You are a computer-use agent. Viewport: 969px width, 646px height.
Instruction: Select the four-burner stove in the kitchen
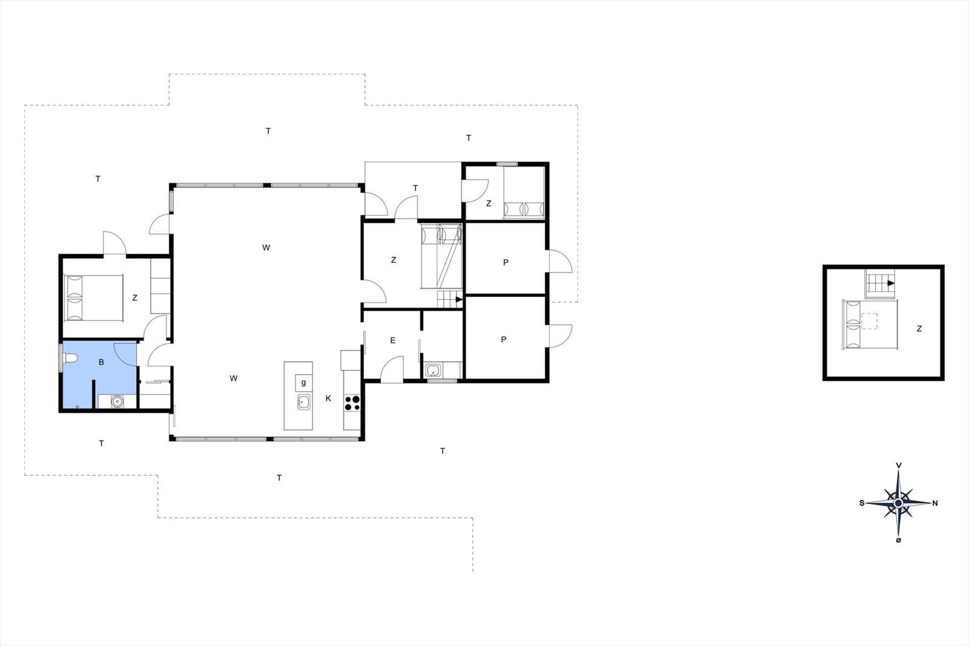[x=352, y=403]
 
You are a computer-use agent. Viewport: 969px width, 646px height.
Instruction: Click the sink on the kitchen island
[x=303, y=401]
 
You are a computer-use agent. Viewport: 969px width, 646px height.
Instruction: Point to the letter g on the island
[x=303, y=383]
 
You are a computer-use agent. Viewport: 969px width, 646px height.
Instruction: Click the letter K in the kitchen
[x=328, y=398]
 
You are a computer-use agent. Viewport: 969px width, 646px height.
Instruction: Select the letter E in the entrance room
[x=392, y=340]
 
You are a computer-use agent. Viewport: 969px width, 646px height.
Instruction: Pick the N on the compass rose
[x=935, y=503]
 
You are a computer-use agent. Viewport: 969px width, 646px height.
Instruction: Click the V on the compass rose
[x=899, y=465]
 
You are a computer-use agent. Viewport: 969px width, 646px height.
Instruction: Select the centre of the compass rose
[x=899, y=503]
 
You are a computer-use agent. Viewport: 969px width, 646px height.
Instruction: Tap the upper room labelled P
[x=506, y=262]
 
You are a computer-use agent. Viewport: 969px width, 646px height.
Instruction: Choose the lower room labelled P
[x=504, y=340]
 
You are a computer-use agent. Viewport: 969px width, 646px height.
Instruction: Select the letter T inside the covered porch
[x=415, y=188]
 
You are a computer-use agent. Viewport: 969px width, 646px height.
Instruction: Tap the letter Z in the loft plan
[x=919, y=329]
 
